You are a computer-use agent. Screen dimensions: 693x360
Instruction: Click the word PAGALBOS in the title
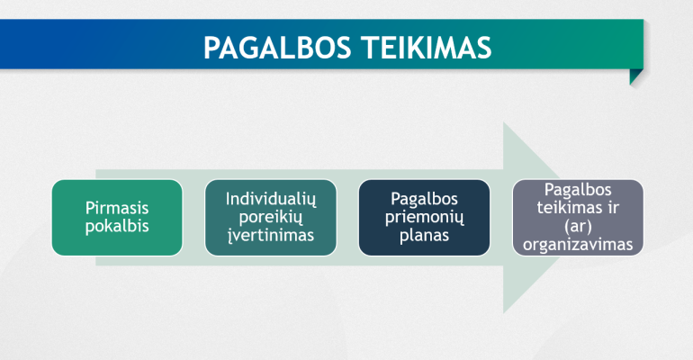pos(277,48)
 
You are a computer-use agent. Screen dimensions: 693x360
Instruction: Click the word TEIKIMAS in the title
pos(427,48)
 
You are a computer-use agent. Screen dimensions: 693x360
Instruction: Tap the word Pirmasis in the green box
pos(117,208)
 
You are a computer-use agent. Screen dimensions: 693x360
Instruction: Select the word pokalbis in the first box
pos(117,226)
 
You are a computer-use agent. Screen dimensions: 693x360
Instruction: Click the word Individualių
pos(271,199)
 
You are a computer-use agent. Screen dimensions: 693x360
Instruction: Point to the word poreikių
pos(271,217)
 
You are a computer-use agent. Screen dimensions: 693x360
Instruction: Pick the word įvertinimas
pos(271,235)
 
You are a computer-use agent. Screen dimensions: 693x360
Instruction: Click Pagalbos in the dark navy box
pos(424,199)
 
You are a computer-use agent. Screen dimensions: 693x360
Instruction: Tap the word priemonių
pos(424,217)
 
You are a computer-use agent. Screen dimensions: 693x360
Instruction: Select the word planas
pos(424,236)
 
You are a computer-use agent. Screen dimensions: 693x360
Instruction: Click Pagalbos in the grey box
pos(578,190)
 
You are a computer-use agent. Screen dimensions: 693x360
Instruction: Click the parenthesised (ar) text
pos(578,226)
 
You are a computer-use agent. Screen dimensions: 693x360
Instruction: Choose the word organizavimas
pos(578,244)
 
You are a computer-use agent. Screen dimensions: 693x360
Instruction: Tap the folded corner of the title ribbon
pos(635,76)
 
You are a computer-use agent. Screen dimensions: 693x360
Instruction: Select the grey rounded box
pos(578,217)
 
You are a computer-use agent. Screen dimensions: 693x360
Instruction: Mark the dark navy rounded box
pos(424,217)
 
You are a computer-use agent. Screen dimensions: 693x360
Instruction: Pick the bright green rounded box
pos(117,217)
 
